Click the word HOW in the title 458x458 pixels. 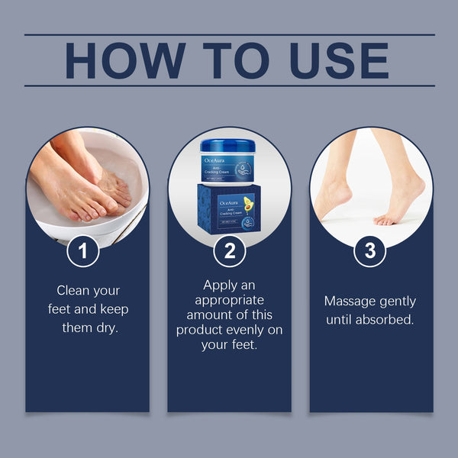[x=123, y=60]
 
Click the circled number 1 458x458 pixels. [x=82, y=251]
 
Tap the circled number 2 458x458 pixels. [x=229, y=251]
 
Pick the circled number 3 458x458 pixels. [x=370, y=251]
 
